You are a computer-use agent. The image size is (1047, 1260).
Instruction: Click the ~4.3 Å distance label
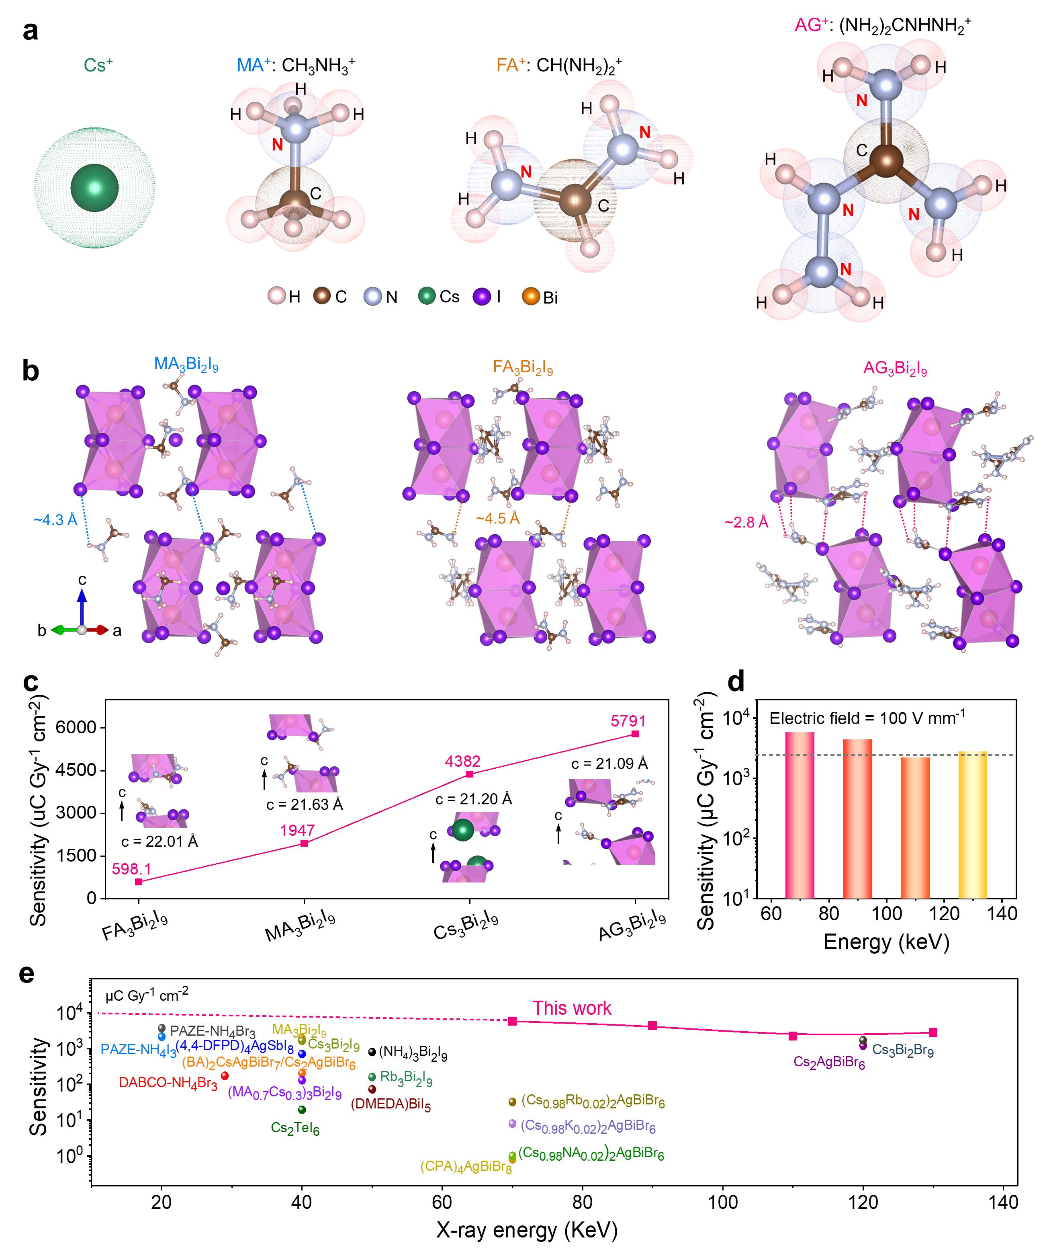[56, 519]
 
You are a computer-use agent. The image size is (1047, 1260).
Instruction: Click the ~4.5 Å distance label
[497, 518]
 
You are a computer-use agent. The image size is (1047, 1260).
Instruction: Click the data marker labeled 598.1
[139, 881]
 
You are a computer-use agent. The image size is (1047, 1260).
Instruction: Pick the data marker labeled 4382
[470, 774]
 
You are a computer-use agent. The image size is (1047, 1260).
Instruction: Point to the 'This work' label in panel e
[571, 1008]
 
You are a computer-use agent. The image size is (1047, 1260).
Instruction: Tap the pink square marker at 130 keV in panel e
[933, 1032]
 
